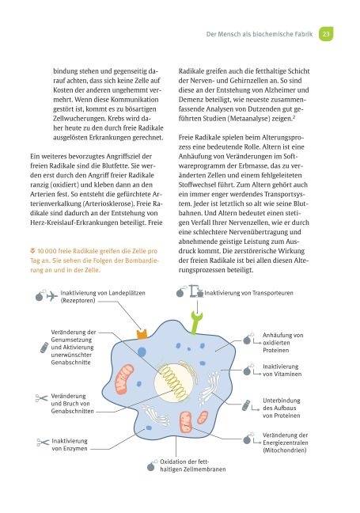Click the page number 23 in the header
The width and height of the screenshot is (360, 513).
327,33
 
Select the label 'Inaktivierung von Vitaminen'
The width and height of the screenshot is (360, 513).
282,371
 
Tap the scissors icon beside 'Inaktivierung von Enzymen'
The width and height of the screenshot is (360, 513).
40,444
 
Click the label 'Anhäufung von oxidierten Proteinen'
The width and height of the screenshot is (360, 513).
282,343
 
